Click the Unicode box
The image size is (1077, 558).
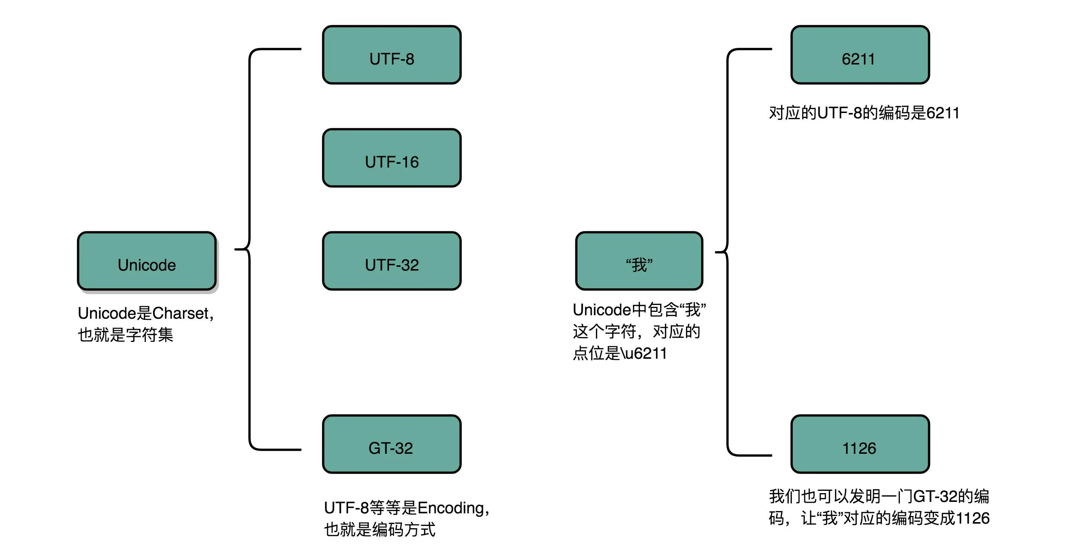147,261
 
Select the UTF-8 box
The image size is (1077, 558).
392,55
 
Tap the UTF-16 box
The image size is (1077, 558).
392,158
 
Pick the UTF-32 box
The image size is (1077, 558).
392,261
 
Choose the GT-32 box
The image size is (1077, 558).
392,444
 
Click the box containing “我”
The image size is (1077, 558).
639,261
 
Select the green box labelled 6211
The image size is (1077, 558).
860,55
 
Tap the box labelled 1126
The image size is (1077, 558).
860,444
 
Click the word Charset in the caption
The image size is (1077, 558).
180,313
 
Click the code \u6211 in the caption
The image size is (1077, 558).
644,353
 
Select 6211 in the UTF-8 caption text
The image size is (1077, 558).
943,113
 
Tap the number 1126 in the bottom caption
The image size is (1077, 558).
972,519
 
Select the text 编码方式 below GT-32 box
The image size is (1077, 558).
404,530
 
